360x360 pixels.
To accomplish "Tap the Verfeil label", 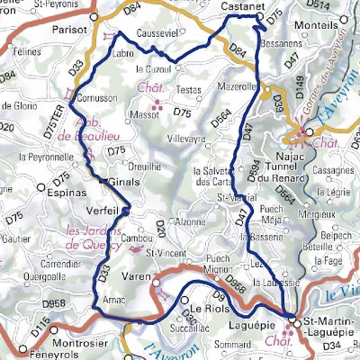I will point(103,204).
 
